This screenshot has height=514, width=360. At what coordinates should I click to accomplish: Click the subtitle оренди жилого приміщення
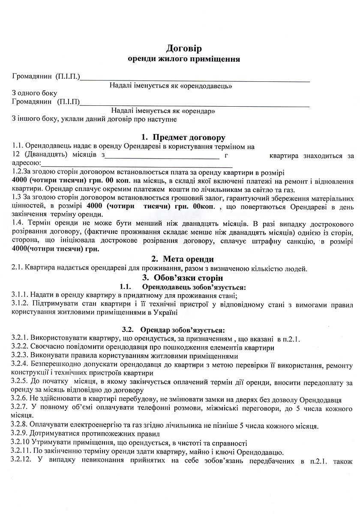184,59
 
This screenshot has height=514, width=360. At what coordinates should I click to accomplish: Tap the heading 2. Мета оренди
183,259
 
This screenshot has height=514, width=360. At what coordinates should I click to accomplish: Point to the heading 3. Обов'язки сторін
183,278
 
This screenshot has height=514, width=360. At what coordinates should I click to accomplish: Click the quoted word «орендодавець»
207,86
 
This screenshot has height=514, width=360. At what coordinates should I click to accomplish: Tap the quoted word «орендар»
198,111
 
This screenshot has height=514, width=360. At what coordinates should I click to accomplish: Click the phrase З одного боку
34,93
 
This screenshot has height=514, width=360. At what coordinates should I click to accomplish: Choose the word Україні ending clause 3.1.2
165,312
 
